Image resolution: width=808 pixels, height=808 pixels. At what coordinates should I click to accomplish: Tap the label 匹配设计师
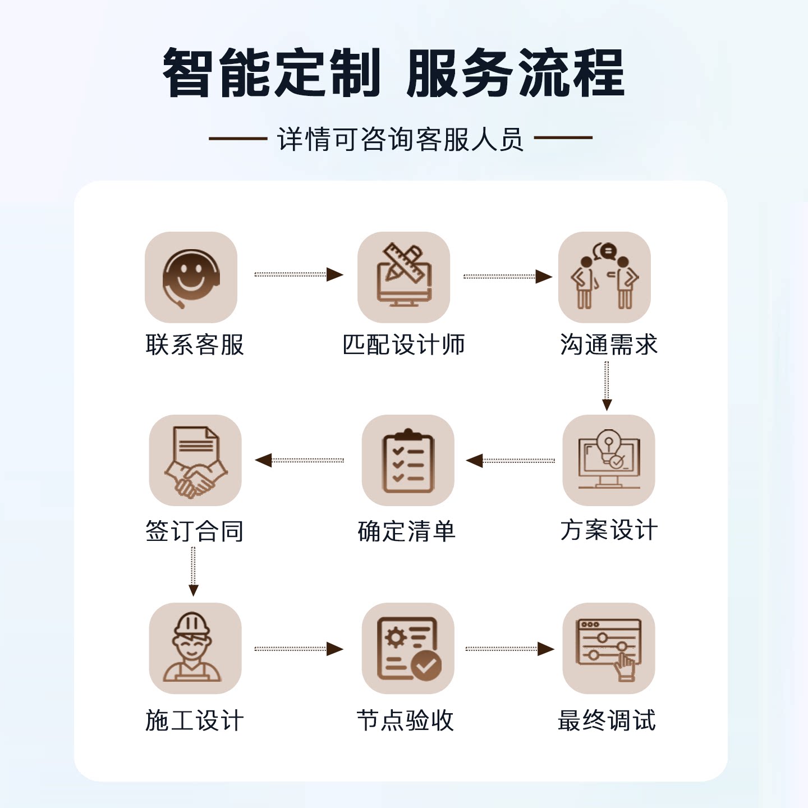click(x=403, y=345)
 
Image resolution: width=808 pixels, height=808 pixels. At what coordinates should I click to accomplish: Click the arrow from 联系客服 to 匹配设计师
click(x=299, y=274)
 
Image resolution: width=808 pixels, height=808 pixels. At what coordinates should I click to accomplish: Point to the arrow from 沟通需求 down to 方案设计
click(x=607, y=386)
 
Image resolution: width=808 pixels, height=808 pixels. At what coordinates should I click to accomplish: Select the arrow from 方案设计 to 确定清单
click(x=510, y=461)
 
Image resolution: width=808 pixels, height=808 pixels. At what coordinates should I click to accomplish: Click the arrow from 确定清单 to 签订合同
click(x=300, y=460)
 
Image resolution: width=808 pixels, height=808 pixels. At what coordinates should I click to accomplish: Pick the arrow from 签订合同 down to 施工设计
click(x=193, y=572)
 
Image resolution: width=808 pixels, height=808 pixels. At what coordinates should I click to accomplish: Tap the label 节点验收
click(x=406, y=721)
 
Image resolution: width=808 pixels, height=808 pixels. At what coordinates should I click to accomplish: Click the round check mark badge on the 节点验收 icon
click(x=426, y=665)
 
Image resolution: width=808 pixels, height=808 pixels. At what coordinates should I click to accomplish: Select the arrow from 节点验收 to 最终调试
click(x=510, y=649)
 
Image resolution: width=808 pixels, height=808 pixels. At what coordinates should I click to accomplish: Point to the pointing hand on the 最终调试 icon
click(x=625, y=667)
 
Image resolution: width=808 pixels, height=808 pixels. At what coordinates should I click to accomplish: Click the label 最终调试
click(x=607, y=721)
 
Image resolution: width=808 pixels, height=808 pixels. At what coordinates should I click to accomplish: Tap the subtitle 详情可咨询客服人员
click(x=401, y=139)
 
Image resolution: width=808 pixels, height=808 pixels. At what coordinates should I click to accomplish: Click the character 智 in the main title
click(x=186, y=72)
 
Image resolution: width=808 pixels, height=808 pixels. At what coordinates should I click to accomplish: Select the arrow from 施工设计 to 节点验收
click(x=299, y=649)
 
